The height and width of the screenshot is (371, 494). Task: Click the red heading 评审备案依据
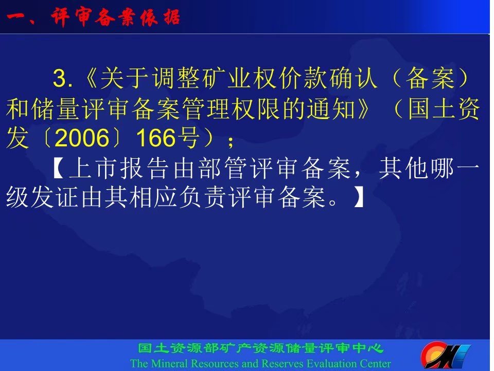tap(115, 17)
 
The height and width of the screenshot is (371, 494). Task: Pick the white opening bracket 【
tap(59, 168)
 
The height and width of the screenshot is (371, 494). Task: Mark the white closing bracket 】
tap(359, 197)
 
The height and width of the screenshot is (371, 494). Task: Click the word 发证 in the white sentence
tap(43, 197)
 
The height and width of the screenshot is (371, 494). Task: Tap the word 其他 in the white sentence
tap(404, 168)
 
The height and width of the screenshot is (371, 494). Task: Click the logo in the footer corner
tap(445, 355)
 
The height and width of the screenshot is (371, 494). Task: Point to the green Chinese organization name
tap(260, 348)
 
